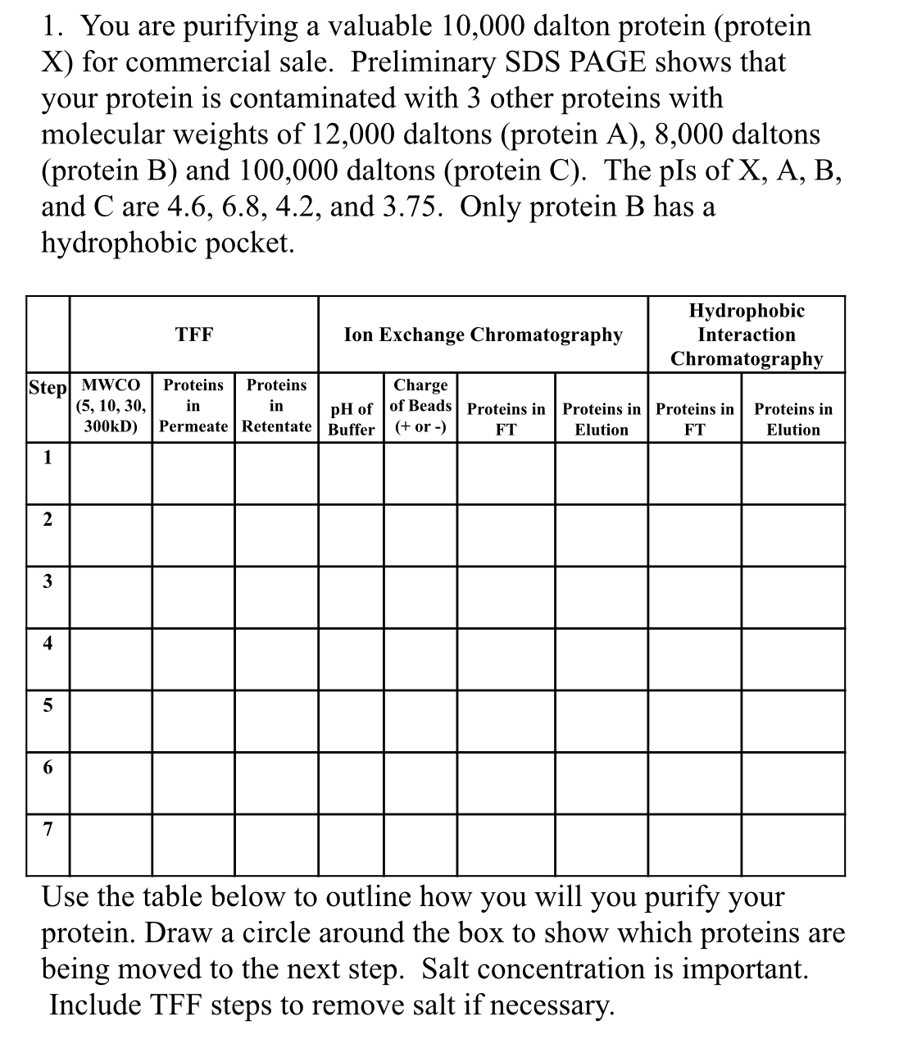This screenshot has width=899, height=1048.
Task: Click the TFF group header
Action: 194,335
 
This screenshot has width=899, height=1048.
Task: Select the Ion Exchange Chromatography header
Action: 484,335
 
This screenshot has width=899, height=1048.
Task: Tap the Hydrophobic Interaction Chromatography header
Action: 746,335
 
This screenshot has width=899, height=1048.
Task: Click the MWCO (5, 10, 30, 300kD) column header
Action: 111,406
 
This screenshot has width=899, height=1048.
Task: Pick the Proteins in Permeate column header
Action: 193,406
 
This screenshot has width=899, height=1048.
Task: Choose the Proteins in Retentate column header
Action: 277,406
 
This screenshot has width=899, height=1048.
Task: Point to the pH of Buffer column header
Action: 351,419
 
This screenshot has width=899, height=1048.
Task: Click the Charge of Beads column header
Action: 420,406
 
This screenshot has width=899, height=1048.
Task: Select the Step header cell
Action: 47,387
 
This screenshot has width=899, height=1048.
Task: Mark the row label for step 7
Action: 48,830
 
